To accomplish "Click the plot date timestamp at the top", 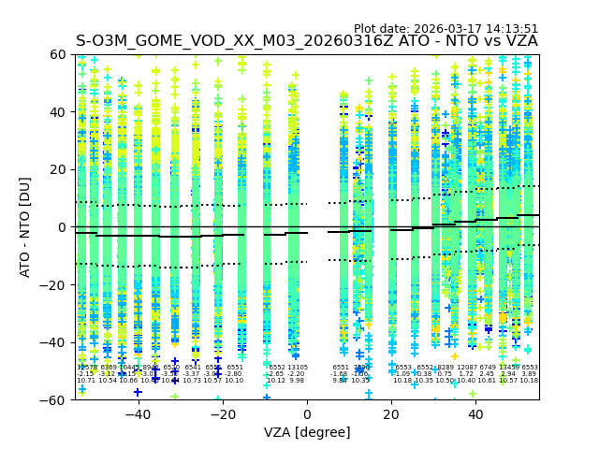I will coord(446,29).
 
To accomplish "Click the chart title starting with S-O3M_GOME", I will coord(307,41).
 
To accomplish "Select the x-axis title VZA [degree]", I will coord(307,432).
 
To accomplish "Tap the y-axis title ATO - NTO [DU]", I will coord(25,227).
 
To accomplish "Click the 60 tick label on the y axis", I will coord(57,54).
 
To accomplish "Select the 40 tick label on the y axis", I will coord(57,112).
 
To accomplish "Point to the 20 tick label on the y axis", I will coord(57,169).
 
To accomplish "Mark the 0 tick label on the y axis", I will coord(61,227).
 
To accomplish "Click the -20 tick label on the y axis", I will coord(53,285).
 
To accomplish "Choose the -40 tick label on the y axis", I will coord(53,342).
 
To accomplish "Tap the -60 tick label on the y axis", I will coord(53,400).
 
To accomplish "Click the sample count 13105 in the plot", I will coord(298,368).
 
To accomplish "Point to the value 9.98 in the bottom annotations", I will coord(297,381).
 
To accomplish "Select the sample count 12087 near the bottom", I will coord(466,368).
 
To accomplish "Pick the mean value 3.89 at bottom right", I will coord(530,374).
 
